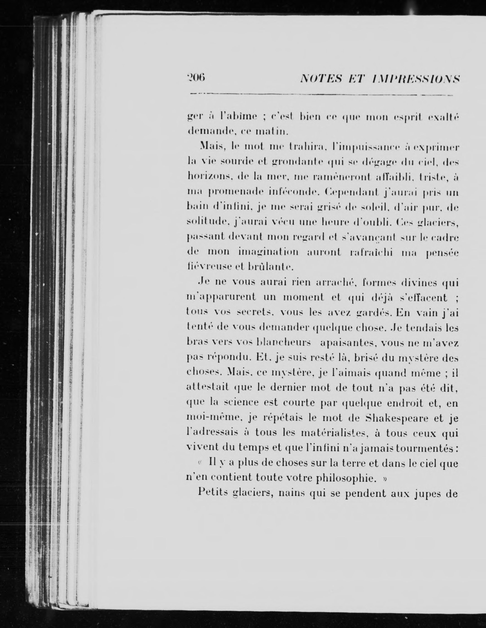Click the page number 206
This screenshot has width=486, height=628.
click(x=196, y=78)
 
